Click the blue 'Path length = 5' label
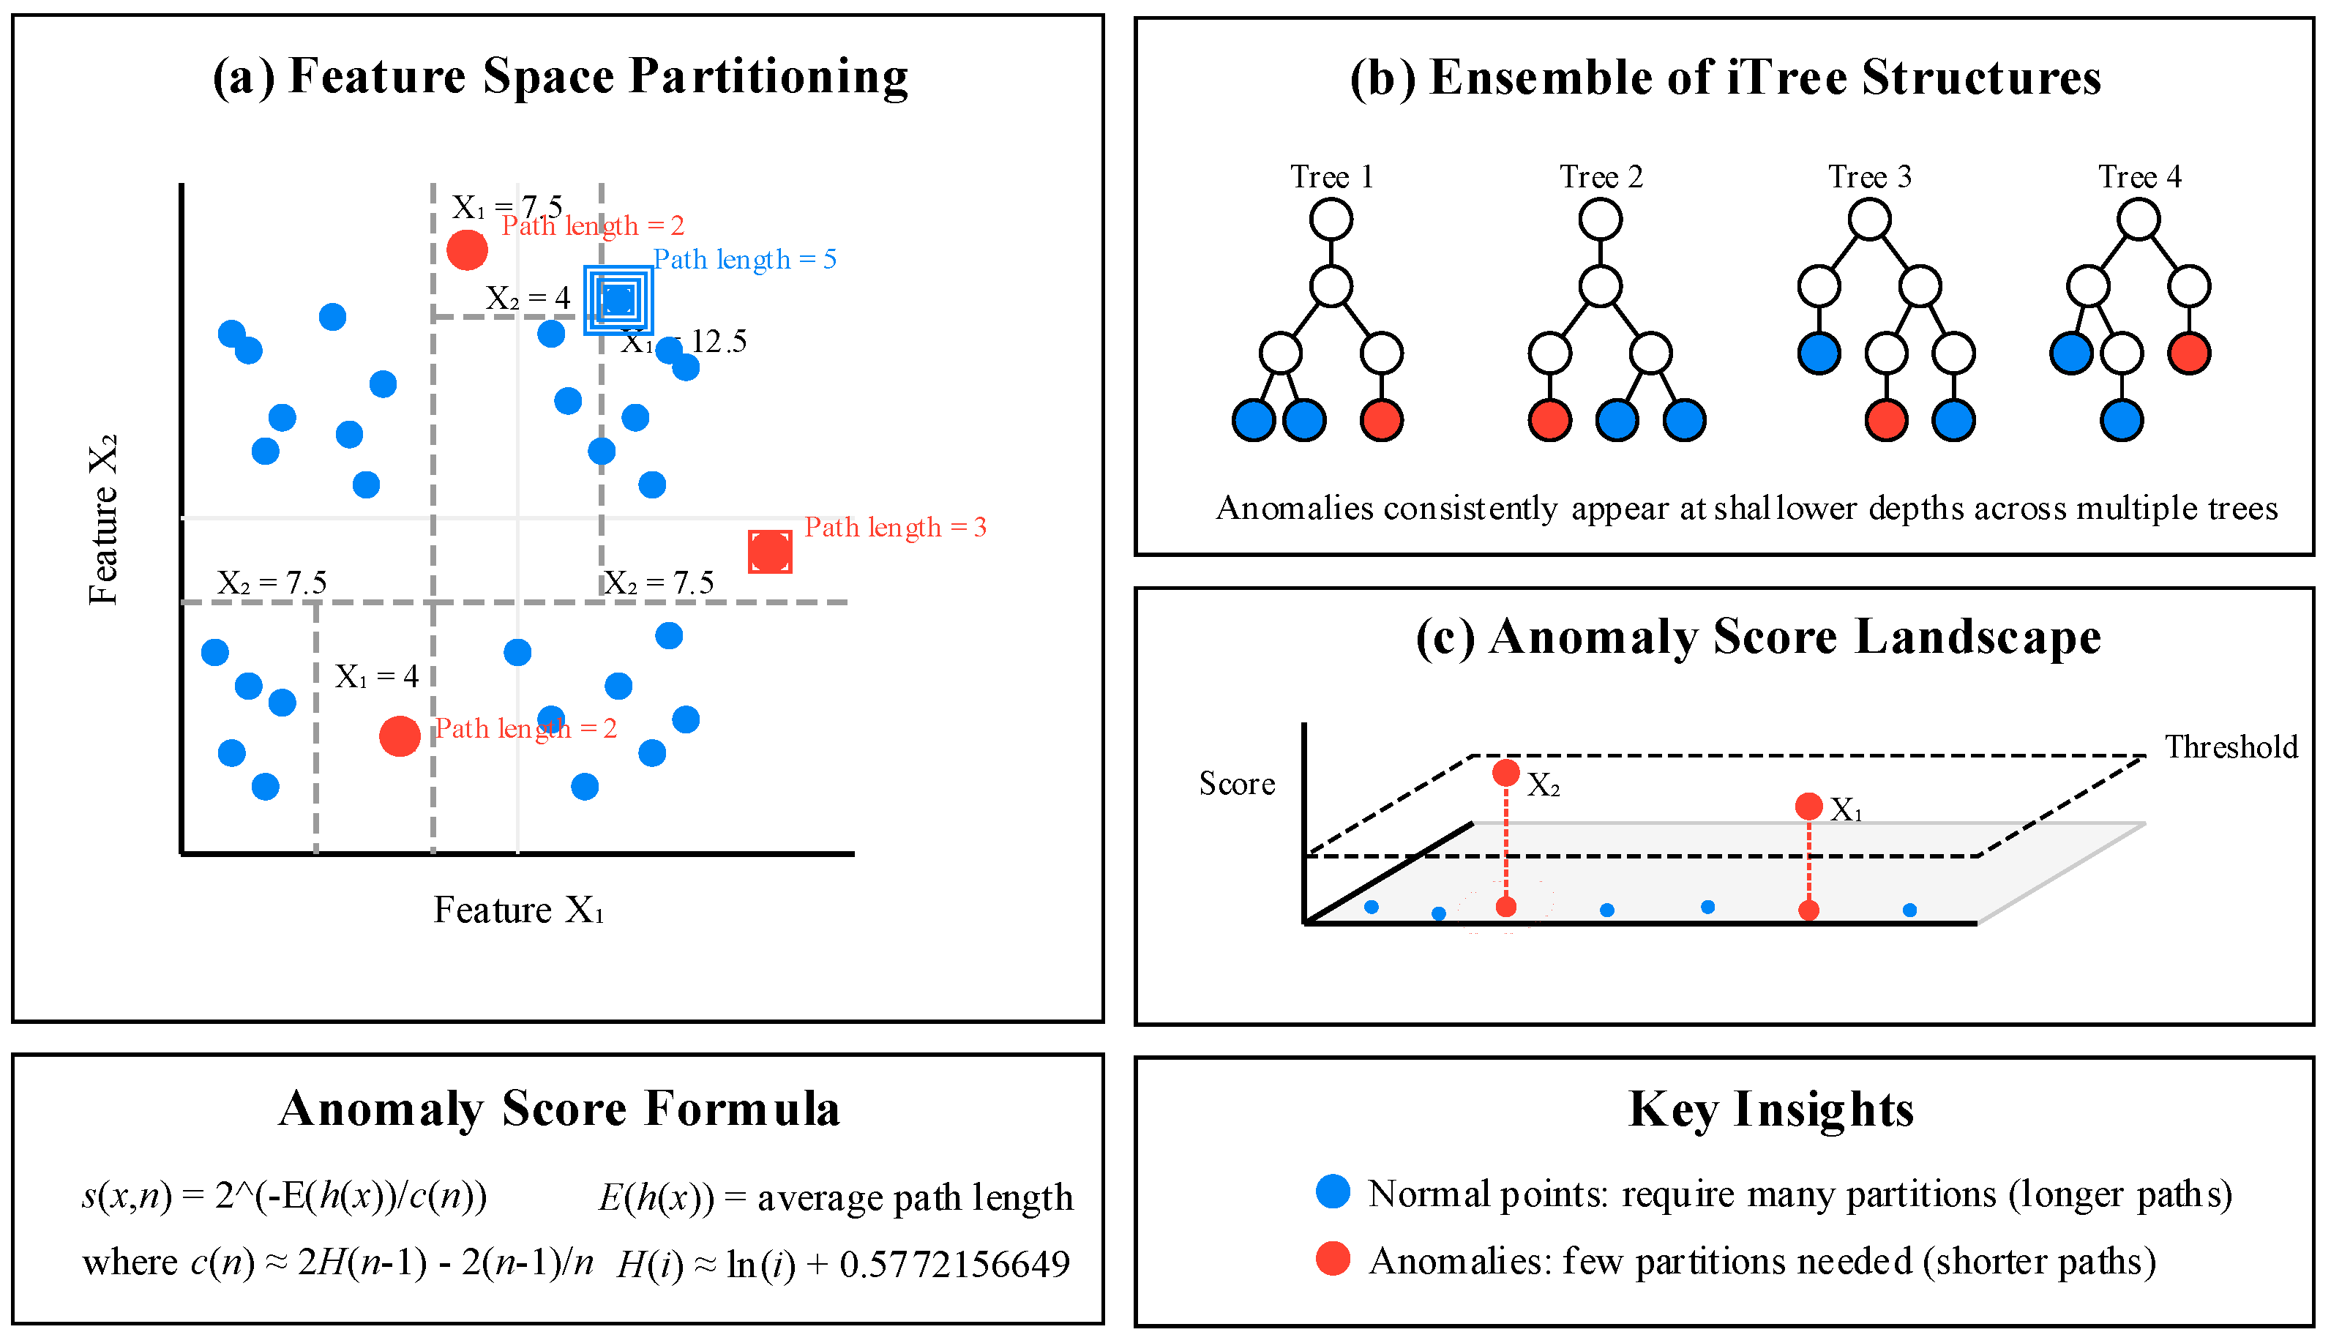pos(744,259)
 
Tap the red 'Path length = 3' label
pos(894,527)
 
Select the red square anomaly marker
pos(769,552)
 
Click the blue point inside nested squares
pos(618,299)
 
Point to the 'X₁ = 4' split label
pos(376,677)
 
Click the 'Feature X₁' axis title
pos(518,910)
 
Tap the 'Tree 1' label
pos(1331,176)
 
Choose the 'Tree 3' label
pos(1870,176)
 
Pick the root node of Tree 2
pos(1600,220)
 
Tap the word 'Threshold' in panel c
pos(2231,747)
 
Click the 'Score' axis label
pos(1237,783)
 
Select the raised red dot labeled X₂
pos(1505,772)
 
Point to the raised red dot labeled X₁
pos(1808,807)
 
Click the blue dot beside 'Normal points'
pos(1333,1191)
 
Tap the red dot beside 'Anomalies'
pos(1333,1258)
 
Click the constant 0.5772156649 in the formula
pos(954,1264)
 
